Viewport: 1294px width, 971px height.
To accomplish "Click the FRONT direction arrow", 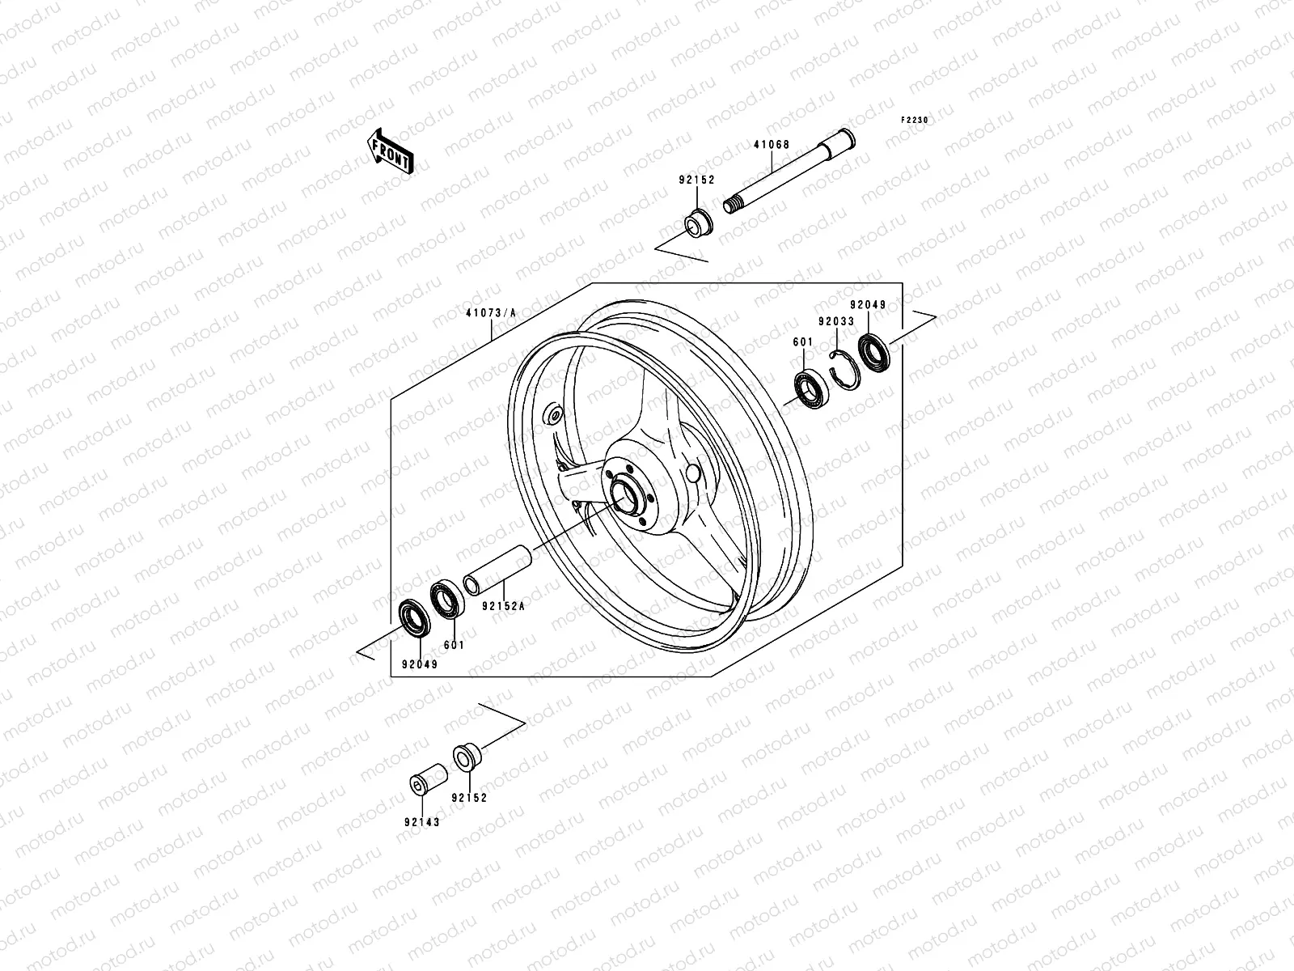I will (402, 151).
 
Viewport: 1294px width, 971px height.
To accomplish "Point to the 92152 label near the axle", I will (696, 180).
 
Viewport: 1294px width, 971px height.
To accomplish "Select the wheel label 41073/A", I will (491, 312).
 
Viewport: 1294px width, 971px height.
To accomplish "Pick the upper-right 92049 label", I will (868, 305).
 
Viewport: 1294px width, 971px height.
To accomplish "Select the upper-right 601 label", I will (802, 342).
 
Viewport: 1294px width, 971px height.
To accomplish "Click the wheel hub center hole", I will (624, 491).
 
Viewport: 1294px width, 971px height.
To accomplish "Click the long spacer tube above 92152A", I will (498, 566).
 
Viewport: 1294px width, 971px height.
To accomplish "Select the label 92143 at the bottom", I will (422, 822).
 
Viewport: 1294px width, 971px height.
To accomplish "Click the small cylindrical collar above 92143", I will (428, 778).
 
